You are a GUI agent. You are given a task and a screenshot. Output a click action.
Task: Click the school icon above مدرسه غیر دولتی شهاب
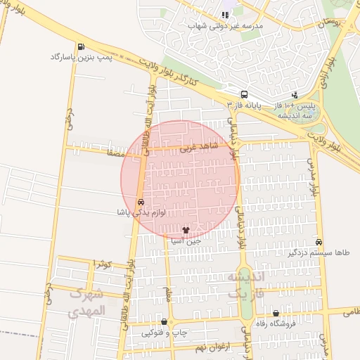click(225, 15)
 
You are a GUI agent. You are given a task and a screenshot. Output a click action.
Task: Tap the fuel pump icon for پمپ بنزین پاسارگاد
click(83, 46)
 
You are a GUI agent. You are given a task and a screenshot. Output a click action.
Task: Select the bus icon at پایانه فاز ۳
click(244, 94)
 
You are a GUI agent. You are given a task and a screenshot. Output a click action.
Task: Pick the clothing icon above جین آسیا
click(186, 229)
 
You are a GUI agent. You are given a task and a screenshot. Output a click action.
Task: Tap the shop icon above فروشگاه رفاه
click(276, 314)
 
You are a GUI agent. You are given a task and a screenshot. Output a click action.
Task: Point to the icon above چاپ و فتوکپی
click(165, 322)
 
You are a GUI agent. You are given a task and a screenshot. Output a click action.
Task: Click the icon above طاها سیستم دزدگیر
click(319, 242)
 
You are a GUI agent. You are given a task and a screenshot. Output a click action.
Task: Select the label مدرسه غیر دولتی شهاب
click(225, 26)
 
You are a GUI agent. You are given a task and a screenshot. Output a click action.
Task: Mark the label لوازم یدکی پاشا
click(142, 212)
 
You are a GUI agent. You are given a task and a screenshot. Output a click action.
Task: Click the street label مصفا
click(115, 151)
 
